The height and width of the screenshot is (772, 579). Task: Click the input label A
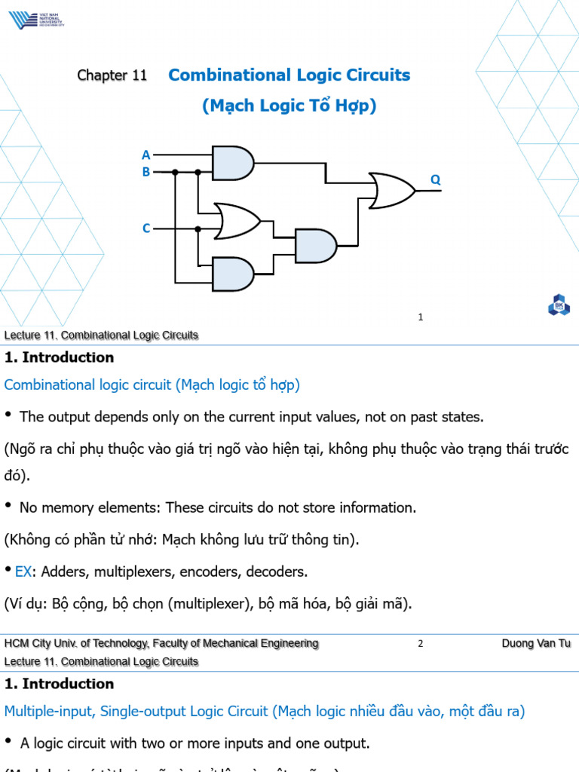146,155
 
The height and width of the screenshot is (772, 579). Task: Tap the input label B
146,172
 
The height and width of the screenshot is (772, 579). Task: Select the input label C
146,228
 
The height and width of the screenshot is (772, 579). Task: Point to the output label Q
435,179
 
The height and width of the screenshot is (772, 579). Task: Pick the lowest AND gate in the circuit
233,274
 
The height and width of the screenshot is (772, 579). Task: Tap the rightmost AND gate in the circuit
315,246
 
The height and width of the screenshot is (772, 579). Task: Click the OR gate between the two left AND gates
237,220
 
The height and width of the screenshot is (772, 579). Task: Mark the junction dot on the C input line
198,228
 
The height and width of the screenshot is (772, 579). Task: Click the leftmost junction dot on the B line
175,172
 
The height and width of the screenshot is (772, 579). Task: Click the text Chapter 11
112,75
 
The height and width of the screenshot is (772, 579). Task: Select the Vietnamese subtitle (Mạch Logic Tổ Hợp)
289,106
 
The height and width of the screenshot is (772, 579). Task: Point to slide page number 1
421,317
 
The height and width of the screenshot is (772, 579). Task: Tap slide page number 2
421,644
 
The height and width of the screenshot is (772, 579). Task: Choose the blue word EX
23,571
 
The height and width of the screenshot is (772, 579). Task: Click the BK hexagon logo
559,305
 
